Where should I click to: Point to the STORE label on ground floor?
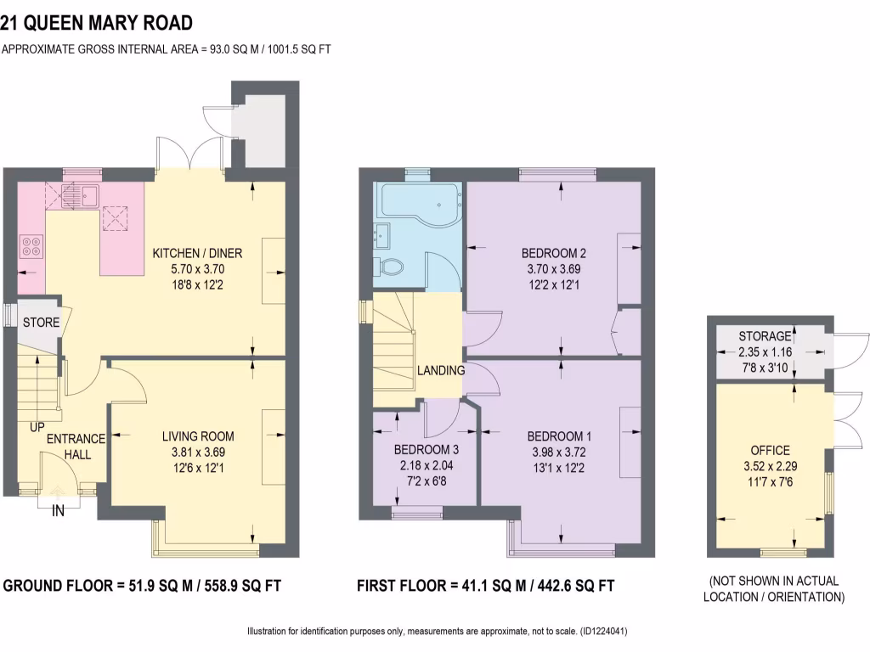pyautogui.click(x=41, y=323)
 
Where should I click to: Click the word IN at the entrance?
pyautogui.click(x=59, y=511)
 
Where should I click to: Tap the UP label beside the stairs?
pyautogui.click(x=37, y=427)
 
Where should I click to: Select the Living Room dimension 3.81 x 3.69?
pyautogui.click(x=198, y=452)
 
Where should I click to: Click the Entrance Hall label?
pyautogui.click(x=76, y=447)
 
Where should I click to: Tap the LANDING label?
pyautogui.click(x=440, y=370)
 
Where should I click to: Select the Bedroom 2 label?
pyautogui.click(x=554, y=253)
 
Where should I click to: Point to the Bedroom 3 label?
pyautogui.click(x=426, y=449)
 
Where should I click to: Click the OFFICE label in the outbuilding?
pyautogui.click(x=770, y=450)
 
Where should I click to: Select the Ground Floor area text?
pyautogui.click(x=142, y=586)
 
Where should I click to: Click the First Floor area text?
pyautogui.click(x=485, y=586)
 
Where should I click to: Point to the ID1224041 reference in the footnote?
pyautogui.click(x=602, y=632)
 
